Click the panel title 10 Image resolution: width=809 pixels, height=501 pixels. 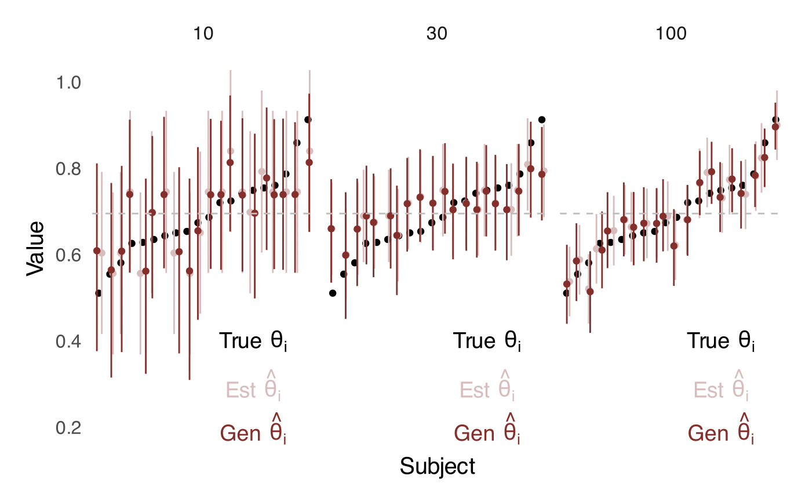[x=203, y=34]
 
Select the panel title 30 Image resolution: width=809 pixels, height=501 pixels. [x=437, y=34]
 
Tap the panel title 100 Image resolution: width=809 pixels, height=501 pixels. [x=671, y=34]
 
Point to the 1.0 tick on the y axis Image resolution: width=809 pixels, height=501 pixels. [x=68, y=83]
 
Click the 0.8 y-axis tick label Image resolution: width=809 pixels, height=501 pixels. [x=68, y=169]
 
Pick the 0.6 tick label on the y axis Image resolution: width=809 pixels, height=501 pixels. [x=68, y=256]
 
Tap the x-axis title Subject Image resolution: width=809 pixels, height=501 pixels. [x=437, y=466]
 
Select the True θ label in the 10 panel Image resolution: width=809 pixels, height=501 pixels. [x=253, y=342]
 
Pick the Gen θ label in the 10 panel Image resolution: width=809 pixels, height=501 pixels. [x=253, y=432]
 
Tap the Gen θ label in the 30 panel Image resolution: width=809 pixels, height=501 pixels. [x=487, y=432]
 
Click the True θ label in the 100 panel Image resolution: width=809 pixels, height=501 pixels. [x=721, y=342]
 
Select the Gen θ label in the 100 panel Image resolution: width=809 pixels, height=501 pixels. [x=721, y=432]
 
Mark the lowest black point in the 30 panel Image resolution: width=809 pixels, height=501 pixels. [x=333, y=293]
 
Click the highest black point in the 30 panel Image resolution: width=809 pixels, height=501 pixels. [x=542, y=119]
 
